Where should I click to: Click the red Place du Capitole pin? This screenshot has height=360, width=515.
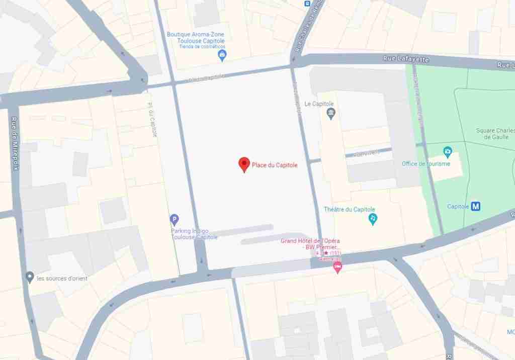pyautogui.click(x=244, y=164)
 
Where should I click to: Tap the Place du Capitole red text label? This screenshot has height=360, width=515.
pyautogui.click(x=275, y=165)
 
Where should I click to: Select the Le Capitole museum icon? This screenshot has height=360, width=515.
pyautogui.click(x=330, y=113)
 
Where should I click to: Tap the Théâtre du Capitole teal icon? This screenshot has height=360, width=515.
pyautogui.click(x=373, y=219)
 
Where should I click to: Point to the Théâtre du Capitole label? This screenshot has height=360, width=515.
pyautogui.click(x=350, y=210)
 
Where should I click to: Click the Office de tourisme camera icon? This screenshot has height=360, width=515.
pyautogui.click(x=447, y=151)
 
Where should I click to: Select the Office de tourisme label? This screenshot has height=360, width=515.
pyautogui.click(x=426, y=164)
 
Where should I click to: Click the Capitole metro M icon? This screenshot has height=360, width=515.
pyautogui.click(x=476, y=206)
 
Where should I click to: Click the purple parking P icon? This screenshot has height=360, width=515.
pyautogui.click(x=174, y=219)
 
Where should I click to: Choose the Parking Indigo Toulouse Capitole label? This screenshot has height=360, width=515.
pyautogui.click(x=194, y=234)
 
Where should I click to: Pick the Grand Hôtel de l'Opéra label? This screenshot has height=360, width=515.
pyautogui.click(x=310, y=244)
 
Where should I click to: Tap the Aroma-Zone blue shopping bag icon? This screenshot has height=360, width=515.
pyautogui.click(x=222, y=55)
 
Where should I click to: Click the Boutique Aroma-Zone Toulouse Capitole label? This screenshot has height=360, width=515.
pyautogui.click(x=196, y=38)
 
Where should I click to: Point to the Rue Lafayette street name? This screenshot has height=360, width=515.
pyautogui.click(x=406, y=59)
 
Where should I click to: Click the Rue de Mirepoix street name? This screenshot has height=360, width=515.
pyautogui.click(x=15, y=143)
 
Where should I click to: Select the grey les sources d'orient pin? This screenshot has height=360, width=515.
pyautogui.click(x=30, y=277)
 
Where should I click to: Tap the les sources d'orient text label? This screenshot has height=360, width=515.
pyautogui.click(x=62, y=279)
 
